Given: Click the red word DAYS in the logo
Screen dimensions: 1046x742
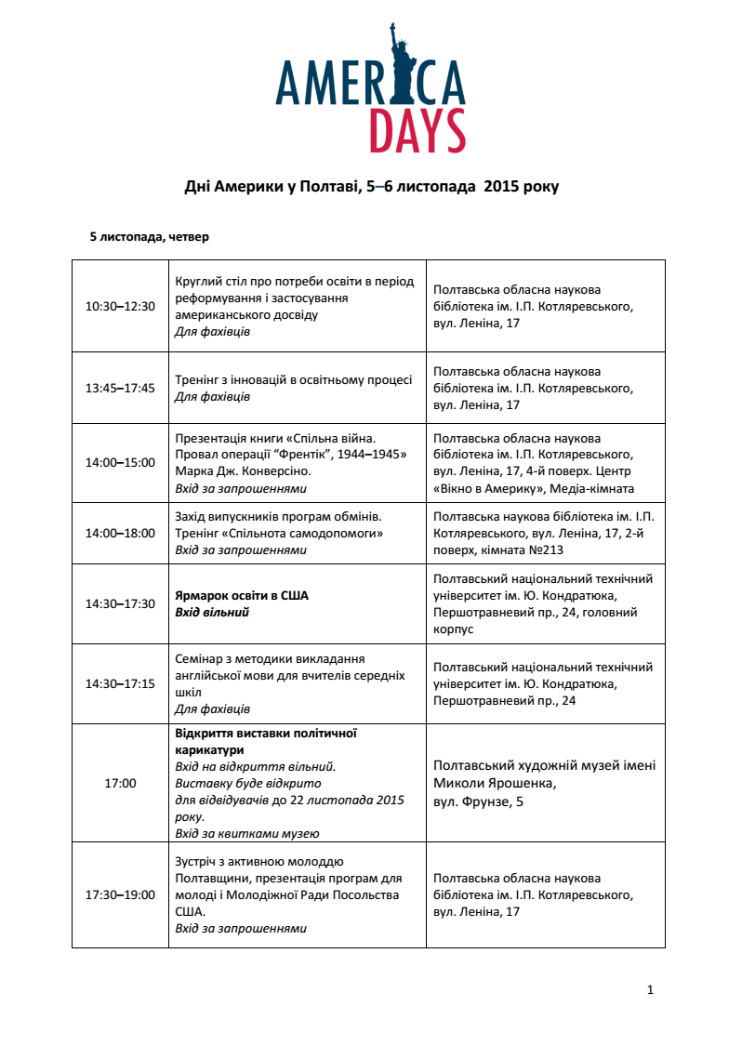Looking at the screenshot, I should [417, 131].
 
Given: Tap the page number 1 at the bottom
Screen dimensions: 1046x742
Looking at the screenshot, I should [650, 989].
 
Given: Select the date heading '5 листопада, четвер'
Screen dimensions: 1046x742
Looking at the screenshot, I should [149, 237].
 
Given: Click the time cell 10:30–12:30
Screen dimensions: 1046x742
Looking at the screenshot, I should [120, 306].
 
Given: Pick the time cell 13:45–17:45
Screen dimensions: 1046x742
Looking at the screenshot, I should [120, 389].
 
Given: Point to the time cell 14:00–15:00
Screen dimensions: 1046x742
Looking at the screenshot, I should [120, 463].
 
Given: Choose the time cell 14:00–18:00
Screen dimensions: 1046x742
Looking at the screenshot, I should [120, 534].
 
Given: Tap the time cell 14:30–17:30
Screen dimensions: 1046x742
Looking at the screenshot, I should [120, 604].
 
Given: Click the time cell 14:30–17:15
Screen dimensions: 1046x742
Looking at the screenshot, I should [120, 683].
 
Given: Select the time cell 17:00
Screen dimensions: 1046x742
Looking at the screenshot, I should [120, 784].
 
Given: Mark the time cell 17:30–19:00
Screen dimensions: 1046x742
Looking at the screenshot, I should [120, 895].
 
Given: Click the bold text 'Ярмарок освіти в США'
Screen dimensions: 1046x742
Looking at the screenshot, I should [242, 596].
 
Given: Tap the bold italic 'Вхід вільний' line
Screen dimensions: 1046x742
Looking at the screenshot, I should [212, 613].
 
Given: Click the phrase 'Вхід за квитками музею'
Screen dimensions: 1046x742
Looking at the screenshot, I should [246, 834].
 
